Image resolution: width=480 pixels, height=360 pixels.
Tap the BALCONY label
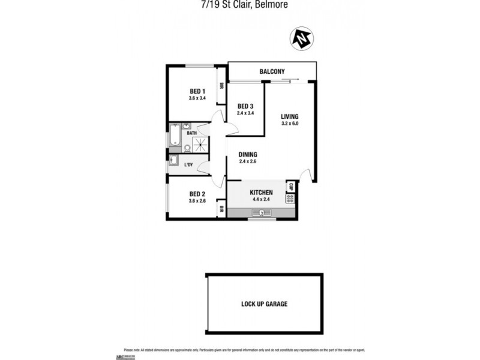click(272, 72)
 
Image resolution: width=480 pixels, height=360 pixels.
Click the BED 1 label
click(197, 91)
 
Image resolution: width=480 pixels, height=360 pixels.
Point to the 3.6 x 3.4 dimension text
click(197, 98)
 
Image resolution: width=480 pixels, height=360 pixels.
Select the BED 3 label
click(245, 106)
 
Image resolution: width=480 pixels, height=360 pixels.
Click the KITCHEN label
click(261, 193)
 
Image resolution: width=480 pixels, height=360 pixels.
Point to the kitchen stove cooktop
click(290, 199)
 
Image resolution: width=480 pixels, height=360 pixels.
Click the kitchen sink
click(262, 212)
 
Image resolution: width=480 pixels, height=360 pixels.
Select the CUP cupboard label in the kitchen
click(290, 186)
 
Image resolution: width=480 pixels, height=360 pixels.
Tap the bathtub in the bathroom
click(175, 136)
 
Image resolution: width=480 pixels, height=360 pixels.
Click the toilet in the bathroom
click(187, 147)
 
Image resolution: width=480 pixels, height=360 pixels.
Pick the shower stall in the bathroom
click(202, 143)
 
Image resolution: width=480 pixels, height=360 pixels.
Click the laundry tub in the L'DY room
click(174, 160)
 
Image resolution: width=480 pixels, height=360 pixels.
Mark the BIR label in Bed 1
click(221, 85)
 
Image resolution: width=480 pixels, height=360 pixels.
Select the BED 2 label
click(197, 194)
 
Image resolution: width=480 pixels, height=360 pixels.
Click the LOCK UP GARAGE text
click(264, 304)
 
